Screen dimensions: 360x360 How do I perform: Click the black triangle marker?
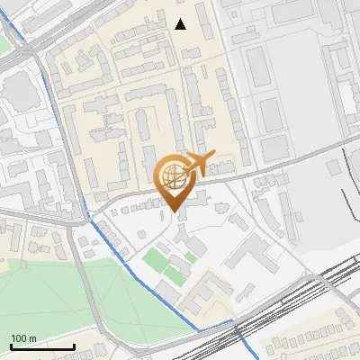click(x=181, y=24)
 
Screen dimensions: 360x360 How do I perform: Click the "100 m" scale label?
click(x=23, y=338)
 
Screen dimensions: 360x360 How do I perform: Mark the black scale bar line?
click(x=41, y=346)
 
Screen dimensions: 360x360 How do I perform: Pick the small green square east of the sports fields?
click(x=191, y=258)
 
